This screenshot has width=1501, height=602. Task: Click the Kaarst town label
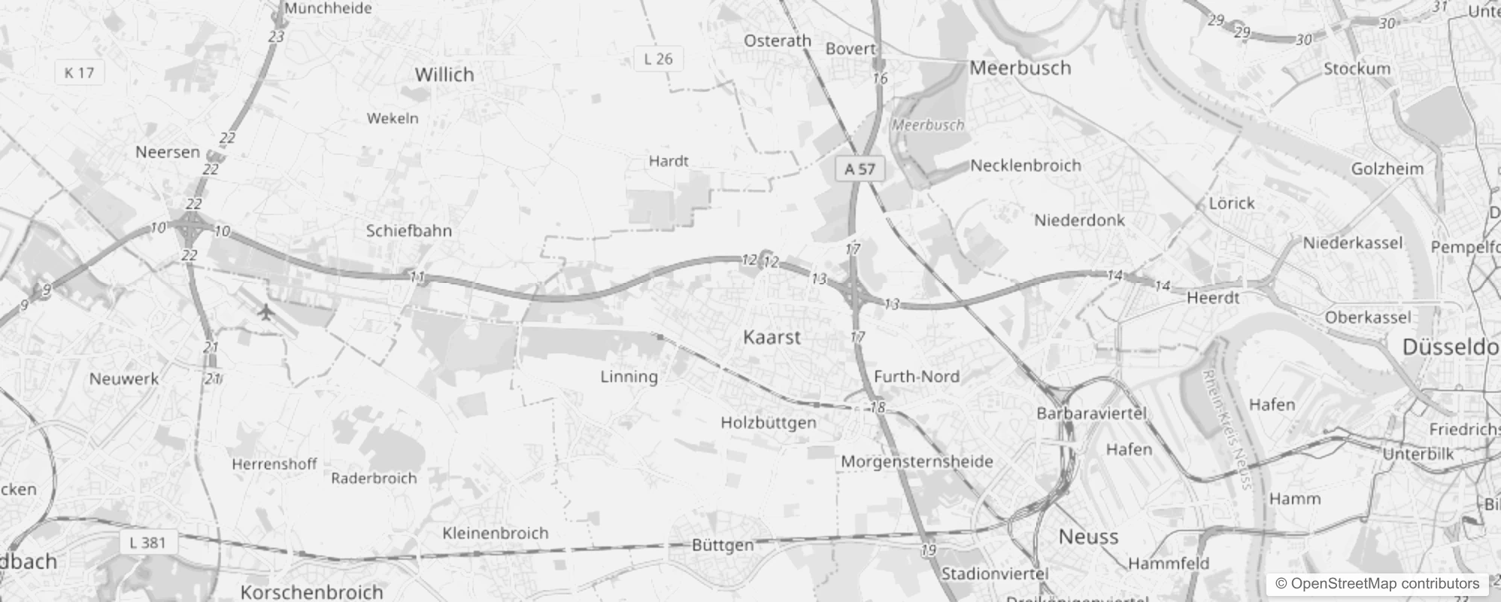pyautogui.click(x=772, y=337)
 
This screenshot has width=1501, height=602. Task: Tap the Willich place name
pyautogui.click(x=444, y=74)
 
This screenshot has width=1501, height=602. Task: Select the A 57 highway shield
pyautogui.click(x=860, y=169)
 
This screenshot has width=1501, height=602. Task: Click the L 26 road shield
pyautogui.click(x=658, y=59)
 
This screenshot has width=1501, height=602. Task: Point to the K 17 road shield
pyautogui.click(x=79, y=73)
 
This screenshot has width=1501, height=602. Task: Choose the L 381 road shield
pyautogui.click(x=147, y=543)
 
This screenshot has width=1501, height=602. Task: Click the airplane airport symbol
pyautogui.click(x=265, y=311)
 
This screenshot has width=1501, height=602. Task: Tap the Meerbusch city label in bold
pyautogui.click(x=1020, y=68)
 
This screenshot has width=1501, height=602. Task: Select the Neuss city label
pyautogui.click(x=1088, y=537)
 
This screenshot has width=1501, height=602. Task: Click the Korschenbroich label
pyautogui.click(x=311, y=591)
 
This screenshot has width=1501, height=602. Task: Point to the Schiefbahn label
pyautogui.click(x=408, y=231)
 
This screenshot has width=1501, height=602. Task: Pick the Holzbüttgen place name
pyautogui.click(x=768, y=423)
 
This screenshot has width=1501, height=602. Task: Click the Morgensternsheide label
pyautogui.click(x=917, y=461)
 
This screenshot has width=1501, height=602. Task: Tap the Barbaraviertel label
pyautogui.click(x=1091, y=413)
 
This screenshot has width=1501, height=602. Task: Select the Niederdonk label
pyautogui.click(x=1079, y=220)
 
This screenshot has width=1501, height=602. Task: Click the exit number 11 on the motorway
pyautogui.click(x=417, y=277)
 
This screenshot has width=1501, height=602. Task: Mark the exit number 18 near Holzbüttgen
pyautogui.click(x=878, y=408)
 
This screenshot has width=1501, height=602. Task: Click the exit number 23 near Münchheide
pyautogui.click(x=276, y=37)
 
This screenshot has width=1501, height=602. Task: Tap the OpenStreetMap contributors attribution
pyautogui.click(x=1377, y=584)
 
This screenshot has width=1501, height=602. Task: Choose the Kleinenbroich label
pyautogui.click(x=496, y=534)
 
